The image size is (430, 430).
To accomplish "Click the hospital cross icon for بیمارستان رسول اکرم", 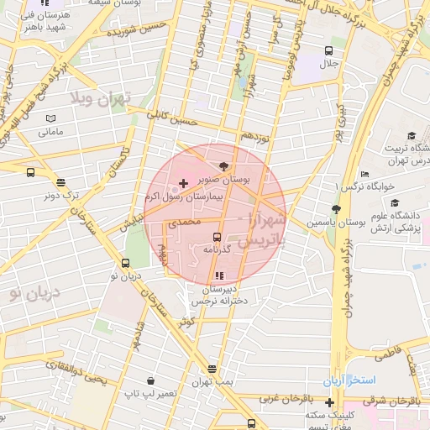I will click(184, 182).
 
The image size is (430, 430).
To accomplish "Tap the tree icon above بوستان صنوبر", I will click(223, 165).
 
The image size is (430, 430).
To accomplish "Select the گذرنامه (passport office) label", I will click(217, 249).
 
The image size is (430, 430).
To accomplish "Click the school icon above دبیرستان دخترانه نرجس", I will click(219, 275).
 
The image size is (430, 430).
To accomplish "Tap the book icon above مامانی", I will click(50, 119).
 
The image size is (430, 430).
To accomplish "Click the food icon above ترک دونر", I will click(60, 182).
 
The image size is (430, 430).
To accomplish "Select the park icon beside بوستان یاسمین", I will click(337, 208).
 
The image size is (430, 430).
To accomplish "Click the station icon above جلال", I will click(328, 50).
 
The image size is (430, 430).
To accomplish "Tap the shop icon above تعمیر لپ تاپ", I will click(149, 380).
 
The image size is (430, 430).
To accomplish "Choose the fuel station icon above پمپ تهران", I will click(212, 369).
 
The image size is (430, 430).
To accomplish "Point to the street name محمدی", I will click(185, 223).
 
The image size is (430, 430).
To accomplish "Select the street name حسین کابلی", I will click(171, 118).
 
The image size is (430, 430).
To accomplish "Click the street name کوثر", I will click(186, 321).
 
